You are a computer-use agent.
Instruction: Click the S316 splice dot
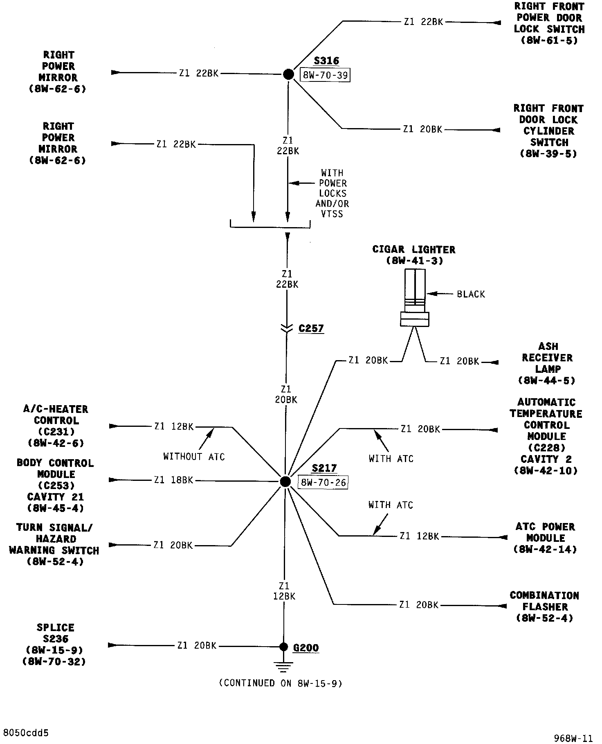[288, 74]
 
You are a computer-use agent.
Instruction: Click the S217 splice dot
[285, 481]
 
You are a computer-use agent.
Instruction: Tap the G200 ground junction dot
[283, 647]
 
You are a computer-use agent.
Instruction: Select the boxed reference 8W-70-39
[325, 75]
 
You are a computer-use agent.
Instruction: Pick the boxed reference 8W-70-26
[323, 482]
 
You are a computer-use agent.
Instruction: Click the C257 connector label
[311, 328]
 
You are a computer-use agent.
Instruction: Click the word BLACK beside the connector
[471, 294]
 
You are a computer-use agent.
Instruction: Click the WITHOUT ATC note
[194, 456]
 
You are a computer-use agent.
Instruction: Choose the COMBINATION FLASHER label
[544, 606]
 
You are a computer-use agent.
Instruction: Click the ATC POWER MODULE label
[545, 538]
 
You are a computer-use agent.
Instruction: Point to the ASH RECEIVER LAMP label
[548, 363]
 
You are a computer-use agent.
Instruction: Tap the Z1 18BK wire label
[173, 480]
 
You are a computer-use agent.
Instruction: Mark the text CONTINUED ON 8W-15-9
[281, 683]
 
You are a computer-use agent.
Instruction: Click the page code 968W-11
[573, 738]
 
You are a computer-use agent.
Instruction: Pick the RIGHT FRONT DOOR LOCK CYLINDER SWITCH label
[548, 131]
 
